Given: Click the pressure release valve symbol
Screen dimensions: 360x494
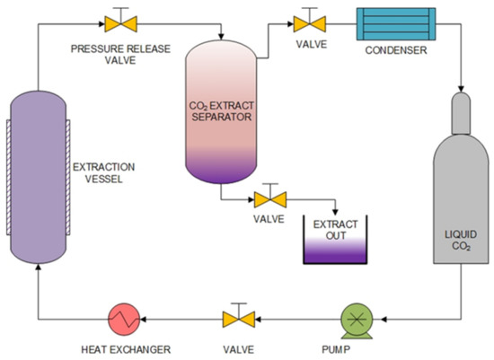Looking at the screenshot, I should [114, 22].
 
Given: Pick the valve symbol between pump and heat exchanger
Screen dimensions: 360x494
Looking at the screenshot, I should [238, 318].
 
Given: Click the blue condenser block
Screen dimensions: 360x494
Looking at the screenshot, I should [396, 22].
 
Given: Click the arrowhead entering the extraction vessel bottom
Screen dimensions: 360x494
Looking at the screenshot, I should [38, 271].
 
